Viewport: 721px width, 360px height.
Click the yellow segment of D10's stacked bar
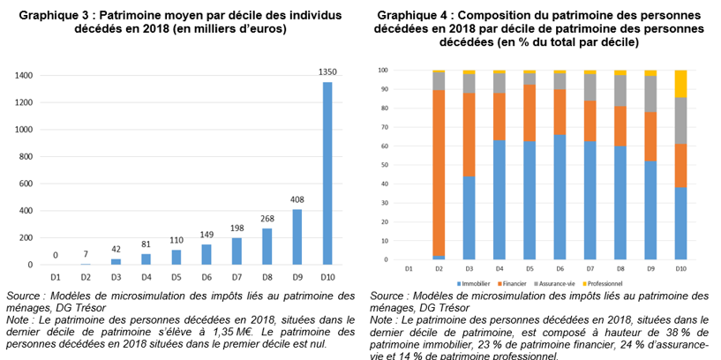[x=680, y=84]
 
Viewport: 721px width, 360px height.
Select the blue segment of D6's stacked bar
[x=560, y=198]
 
